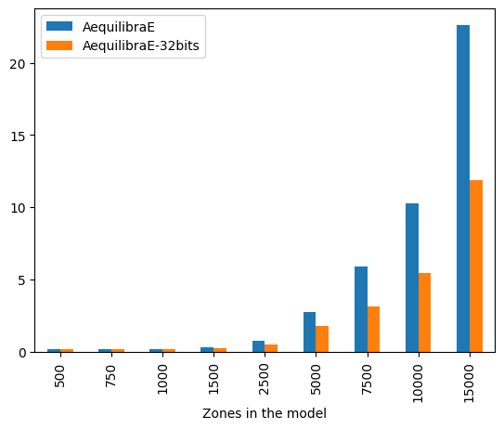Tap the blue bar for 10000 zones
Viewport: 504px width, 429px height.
[412, 278]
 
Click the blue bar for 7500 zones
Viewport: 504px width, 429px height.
[361, 309]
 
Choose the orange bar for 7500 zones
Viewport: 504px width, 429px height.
[374, 330]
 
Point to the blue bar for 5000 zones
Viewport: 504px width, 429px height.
[310, 332]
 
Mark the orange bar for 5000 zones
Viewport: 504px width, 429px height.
[322, 339]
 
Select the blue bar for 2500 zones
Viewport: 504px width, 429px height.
[259, 346]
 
